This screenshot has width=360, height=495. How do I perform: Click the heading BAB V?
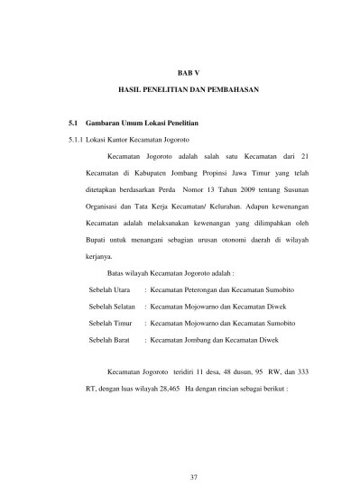point(187,69)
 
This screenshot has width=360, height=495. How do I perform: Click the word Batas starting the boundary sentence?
point(117,272)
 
